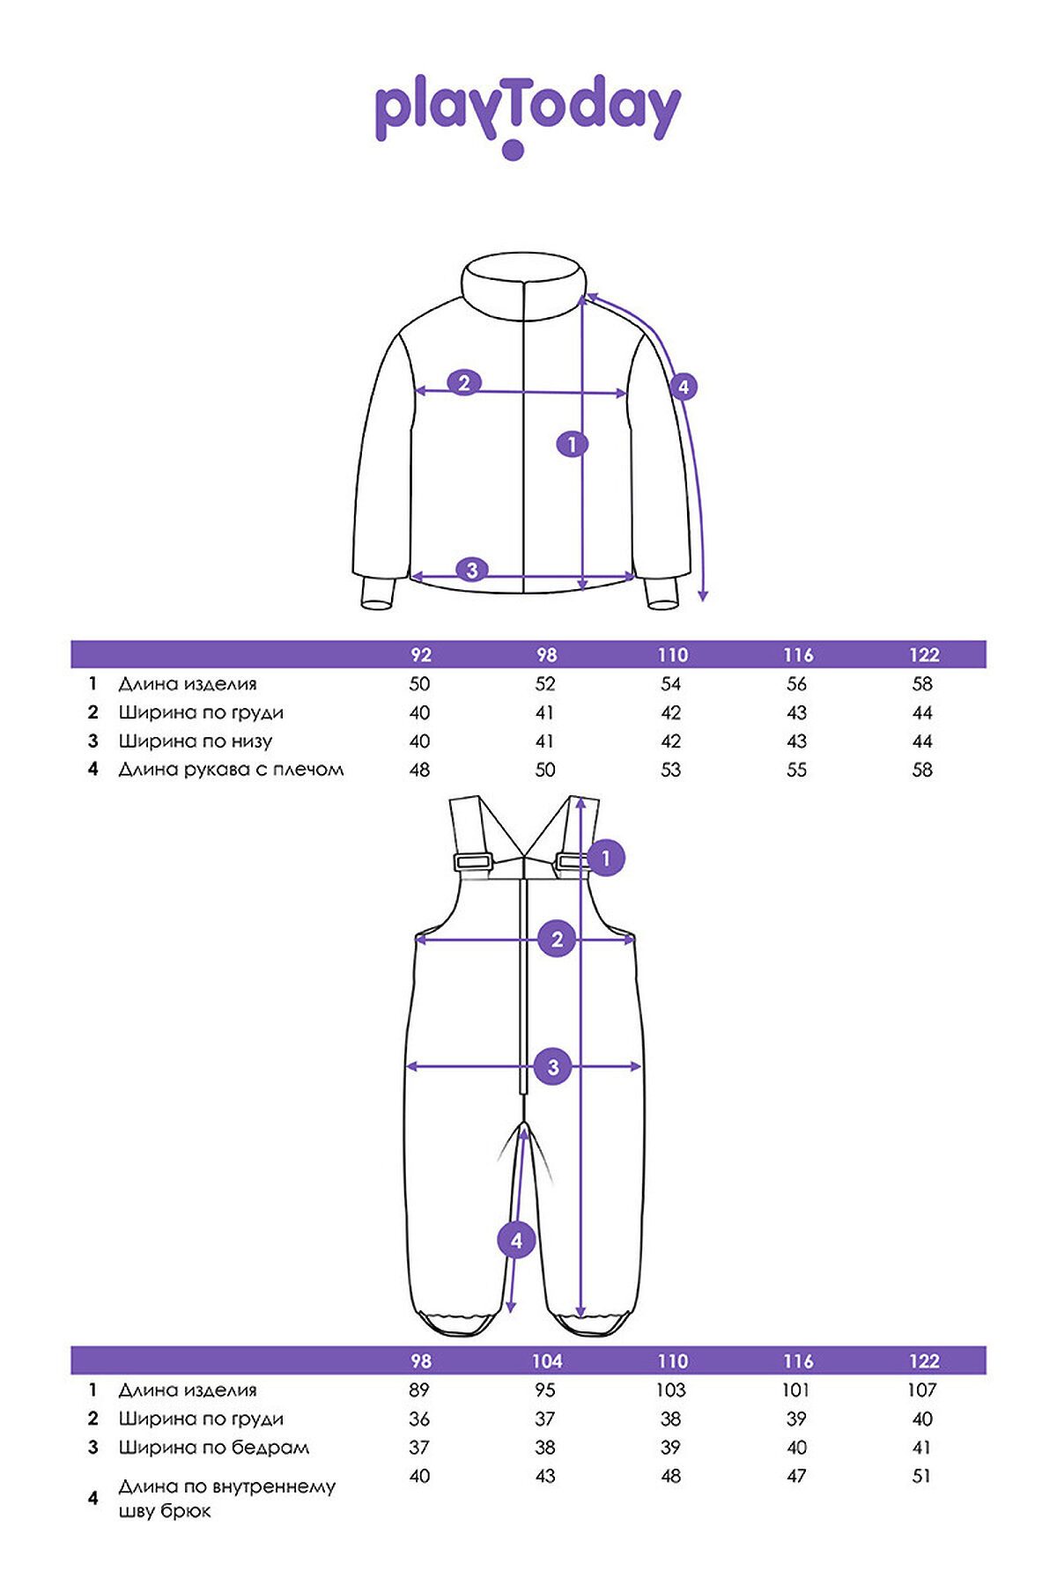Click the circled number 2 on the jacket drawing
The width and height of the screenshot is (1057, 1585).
(x=464, y=383)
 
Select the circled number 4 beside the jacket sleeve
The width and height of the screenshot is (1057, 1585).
(x=683, y=387)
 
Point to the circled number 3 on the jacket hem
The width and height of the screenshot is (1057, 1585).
(x=471, y=570)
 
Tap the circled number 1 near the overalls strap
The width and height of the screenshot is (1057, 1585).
(x=606, y=858)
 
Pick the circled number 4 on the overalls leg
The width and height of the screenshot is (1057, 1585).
(x=516, y=1241)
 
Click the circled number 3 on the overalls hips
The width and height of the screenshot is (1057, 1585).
(x=553, y=1067)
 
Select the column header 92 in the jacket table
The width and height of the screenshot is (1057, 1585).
(x=421, y=655)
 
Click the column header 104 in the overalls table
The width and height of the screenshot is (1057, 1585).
(x=546, y=1361)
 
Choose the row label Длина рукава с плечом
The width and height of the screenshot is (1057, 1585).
(x=231, y=769)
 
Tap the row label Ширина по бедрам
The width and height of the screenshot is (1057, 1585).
(x=214, y=1447)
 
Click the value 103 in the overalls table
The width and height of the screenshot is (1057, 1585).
(x=670, y=1390)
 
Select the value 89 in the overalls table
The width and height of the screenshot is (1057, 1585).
(x=419, y=1390)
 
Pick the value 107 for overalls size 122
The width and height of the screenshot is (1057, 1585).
(x=922, y=1390)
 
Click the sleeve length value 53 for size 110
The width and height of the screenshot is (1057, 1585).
(x=670, y=770)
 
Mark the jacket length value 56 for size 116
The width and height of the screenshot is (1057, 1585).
(x=796, y=683)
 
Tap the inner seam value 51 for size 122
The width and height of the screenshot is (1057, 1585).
(x=921, y=1476)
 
